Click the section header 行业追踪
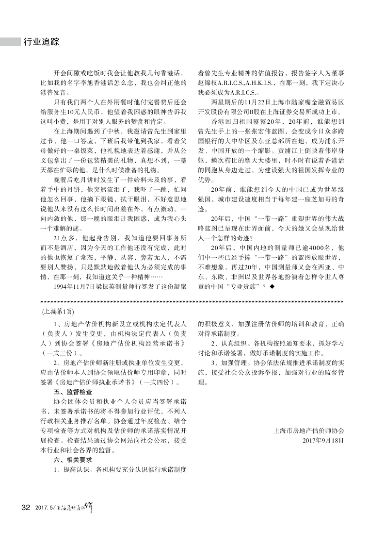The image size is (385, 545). point(41,42)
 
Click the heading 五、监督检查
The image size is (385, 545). point(72,391)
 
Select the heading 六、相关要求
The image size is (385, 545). point(72,460)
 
